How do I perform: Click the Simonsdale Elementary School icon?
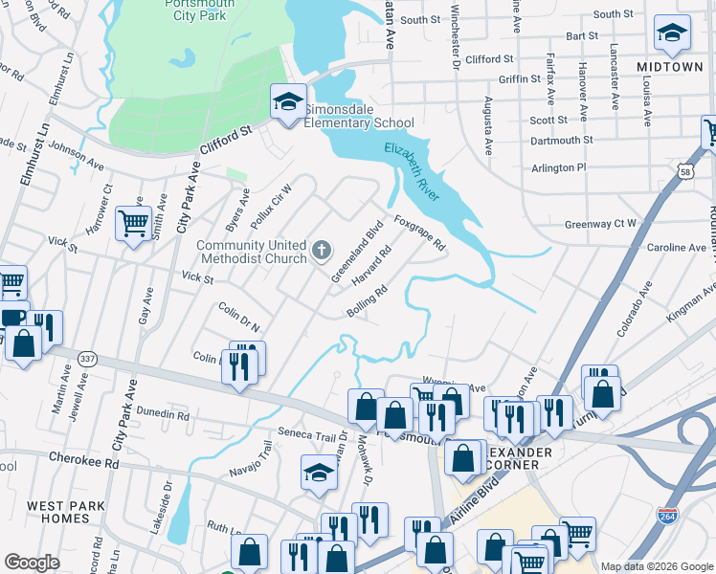(x=286, y=103)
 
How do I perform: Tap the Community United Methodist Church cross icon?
(x=322, y=253)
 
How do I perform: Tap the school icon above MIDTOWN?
(x=672, y=33)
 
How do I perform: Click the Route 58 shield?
(x=686, y=172)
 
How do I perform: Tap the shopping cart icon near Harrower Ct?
(x=133, y=224)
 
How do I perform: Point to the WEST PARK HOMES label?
(x=72, y=512)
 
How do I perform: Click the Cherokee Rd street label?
(x=84, y=460)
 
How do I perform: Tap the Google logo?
(x=33, y=562)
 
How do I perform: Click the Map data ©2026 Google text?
(x=657, y=565)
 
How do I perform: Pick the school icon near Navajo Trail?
(x=319, y=473)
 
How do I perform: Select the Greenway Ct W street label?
(x=600, y=224)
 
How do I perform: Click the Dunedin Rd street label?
(x=162, y=415)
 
